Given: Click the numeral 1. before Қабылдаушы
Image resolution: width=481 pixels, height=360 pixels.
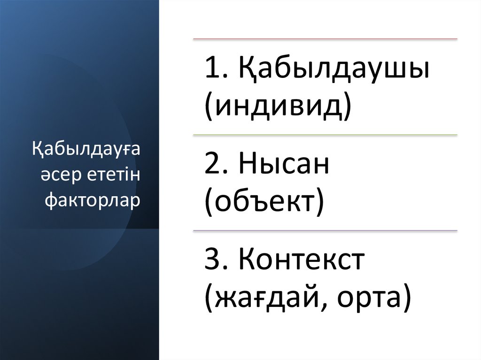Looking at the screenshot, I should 215,71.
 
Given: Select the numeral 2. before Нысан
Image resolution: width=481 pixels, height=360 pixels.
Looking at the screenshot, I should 216,166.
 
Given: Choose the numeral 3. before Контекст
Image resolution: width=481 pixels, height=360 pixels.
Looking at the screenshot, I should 216,261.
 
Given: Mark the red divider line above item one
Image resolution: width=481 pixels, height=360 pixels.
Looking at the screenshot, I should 325,39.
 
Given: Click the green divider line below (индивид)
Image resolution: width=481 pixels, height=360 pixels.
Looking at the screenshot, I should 325,135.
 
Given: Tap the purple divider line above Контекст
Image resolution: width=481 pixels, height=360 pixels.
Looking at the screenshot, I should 325,231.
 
